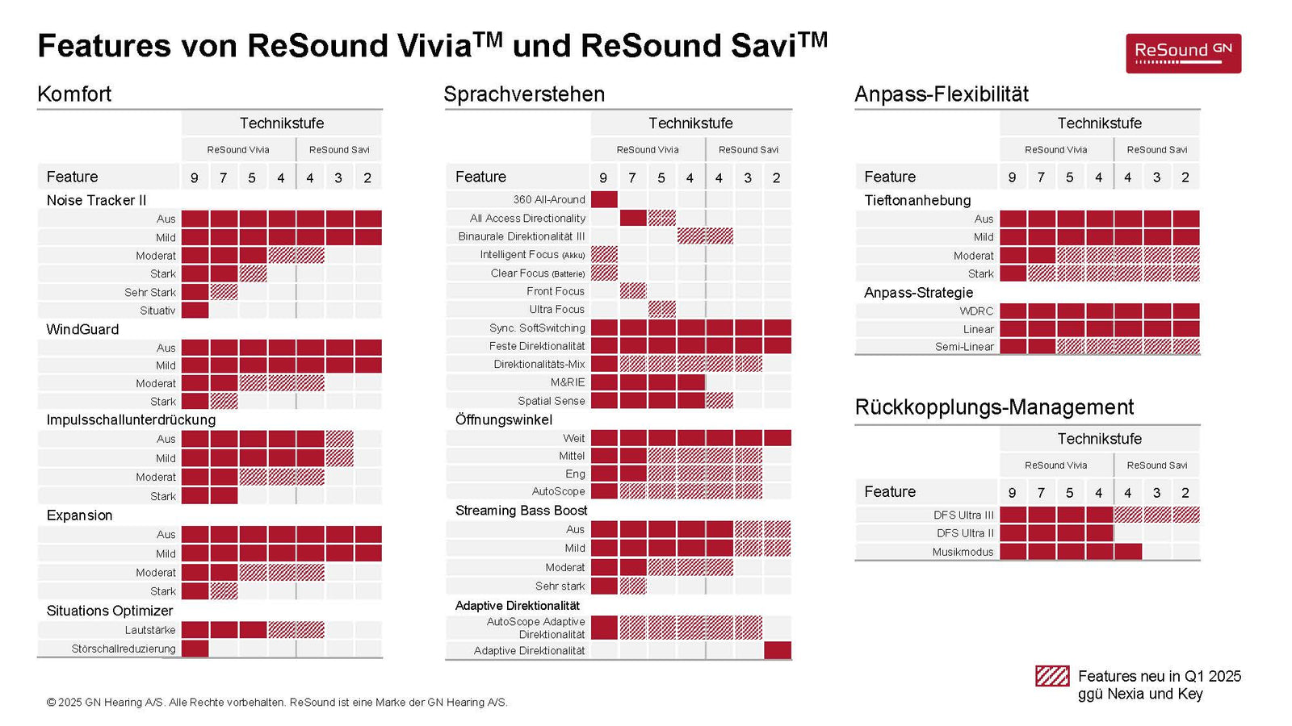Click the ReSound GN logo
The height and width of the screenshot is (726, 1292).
(1183, 53)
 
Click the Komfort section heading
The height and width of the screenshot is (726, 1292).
(74, 94)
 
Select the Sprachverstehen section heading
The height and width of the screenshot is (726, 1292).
(524, 94)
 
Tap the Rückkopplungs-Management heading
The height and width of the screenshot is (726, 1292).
(994, 407)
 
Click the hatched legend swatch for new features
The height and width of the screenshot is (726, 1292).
(1052, 676)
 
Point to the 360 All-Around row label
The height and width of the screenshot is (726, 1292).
(548, 199)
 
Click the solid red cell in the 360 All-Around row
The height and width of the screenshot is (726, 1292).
(604, 199)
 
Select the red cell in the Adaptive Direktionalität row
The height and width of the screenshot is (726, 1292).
(777, 650)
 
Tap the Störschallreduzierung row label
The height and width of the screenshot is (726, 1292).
(124, 649)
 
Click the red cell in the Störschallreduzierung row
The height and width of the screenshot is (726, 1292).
(195, 649)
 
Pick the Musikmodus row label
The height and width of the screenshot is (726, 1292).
(963, 552)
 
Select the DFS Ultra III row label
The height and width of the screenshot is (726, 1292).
(963, 515)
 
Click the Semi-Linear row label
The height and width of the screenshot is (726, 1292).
(964, 347)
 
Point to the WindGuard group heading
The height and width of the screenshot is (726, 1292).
(82, 329)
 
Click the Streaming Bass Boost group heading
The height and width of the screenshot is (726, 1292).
(521, 511)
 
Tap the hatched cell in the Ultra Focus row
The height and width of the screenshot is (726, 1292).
(661, 309)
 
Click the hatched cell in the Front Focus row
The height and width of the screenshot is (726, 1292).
(632, 291)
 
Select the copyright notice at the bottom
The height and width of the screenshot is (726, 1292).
(277, 703)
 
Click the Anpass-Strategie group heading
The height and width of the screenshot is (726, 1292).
(918, 293)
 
